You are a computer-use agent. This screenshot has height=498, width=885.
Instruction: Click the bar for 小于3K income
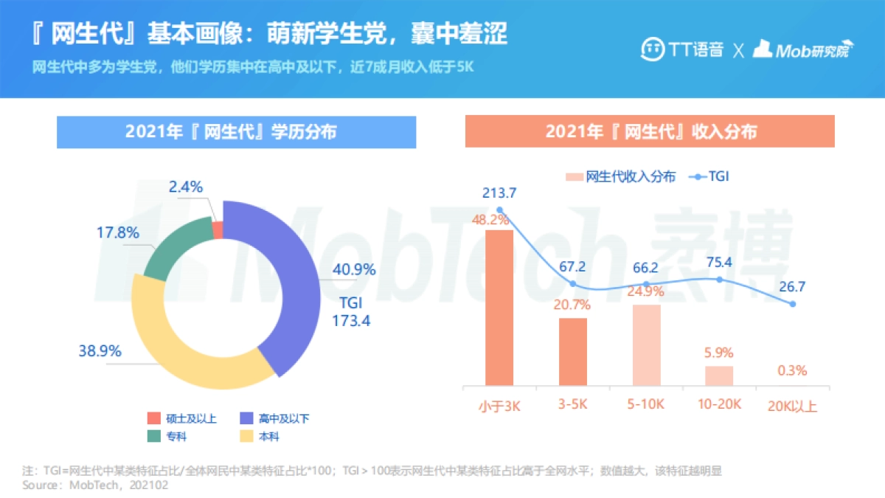[499, 307]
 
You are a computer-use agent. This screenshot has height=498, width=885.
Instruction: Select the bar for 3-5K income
[573, 351]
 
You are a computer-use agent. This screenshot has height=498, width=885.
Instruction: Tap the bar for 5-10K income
[647, 345]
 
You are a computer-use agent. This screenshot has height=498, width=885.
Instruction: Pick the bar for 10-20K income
[719, 376]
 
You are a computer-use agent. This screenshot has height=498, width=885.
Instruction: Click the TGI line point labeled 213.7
[499, 210]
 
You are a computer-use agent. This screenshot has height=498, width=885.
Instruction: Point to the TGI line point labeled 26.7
[793, 304]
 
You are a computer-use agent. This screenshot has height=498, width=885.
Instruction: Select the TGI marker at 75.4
[720, 279]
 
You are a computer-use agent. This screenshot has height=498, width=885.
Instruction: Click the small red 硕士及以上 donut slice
[218, 229]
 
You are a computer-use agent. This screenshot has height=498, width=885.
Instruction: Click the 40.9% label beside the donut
[355, 270]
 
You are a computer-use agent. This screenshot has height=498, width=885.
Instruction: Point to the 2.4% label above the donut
[185, 187]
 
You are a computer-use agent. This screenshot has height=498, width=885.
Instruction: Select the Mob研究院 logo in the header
[802, 49]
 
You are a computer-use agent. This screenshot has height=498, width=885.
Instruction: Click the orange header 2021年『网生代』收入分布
[650, 132]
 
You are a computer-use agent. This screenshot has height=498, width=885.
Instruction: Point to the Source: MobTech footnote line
[95, 485]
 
